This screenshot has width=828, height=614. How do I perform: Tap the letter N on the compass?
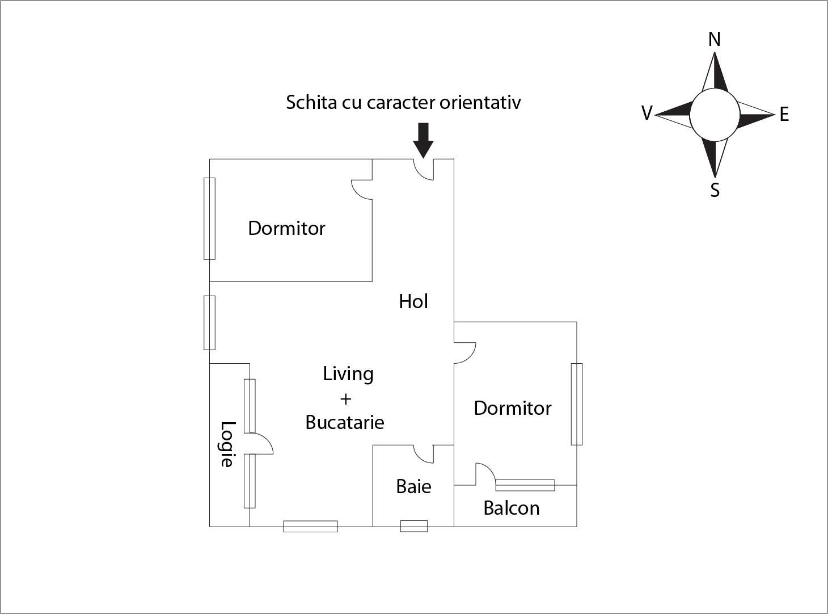pyautogui.click(x=715, y=40)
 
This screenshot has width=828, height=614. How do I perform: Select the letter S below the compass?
pyautogui.click(x=715, y=190)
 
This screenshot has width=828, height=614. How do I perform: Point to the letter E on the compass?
pyautogui.click(x=784, y=115)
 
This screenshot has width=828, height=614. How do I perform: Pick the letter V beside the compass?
pyautogui.click(x=647, y=113)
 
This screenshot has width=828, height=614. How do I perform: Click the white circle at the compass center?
pyautogui.click(x=715, y=115)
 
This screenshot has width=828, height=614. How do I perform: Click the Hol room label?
pyautogui.click(x=413, y=301)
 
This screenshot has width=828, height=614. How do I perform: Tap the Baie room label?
pyautogui.click(x=413, y=486)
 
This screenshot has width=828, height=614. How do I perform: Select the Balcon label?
pyautogui.click(x=511, y=508)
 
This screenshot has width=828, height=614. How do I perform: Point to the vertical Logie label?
pyautogui.click(x=227, y=444)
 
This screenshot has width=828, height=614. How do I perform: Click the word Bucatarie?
pyautogui.click(x=345, y=422)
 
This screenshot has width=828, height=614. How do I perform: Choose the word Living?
pyautogui.click(x=348, y=374)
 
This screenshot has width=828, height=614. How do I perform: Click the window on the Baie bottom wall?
pyautogui.click(x=414, y=526)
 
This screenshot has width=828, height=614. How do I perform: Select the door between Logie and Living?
pyautogui.click(x=261, y=444)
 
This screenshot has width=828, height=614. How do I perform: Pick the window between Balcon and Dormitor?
pyautogui.click(x=525, y=485)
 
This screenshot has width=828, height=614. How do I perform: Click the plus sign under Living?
pyautogui.click(x=345, y=399)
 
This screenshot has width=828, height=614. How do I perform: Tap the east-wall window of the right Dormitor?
pyautogui.click(x=577, y=404)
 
